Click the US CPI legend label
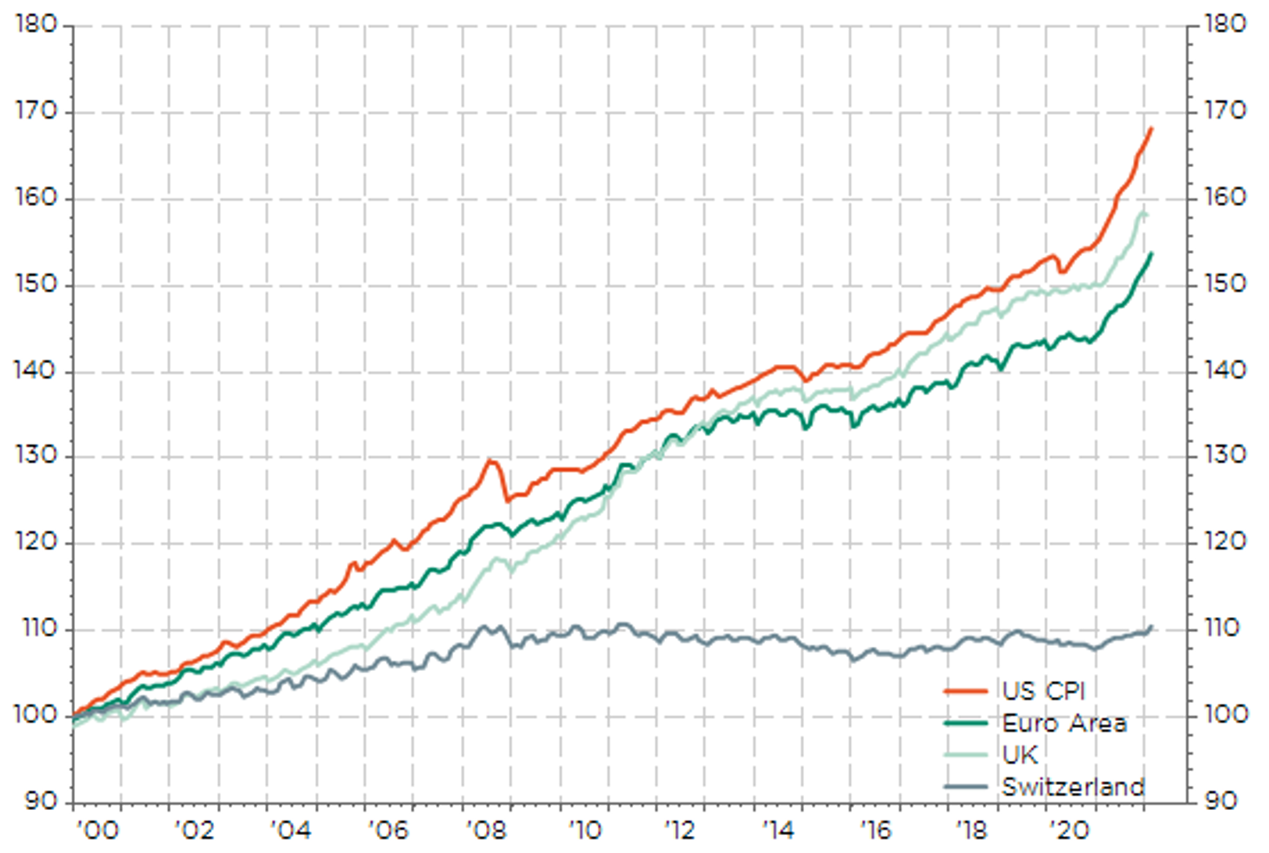coord(1043,691)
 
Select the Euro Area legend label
coord(1064,723)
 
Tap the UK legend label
coord(1020,755)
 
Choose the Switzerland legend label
coord(1073,787)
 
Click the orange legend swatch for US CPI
coord(966,691)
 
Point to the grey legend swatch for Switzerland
coord(966,787)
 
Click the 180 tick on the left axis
coord(37,25)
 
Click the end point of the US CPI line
coord(1151,129)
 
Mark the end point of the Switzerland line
coord(1151,626)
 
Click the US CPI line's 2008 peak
coord(492,461)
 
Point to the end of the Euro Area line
coord(1151,254)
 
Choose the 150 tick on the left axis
coord(37,284)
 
